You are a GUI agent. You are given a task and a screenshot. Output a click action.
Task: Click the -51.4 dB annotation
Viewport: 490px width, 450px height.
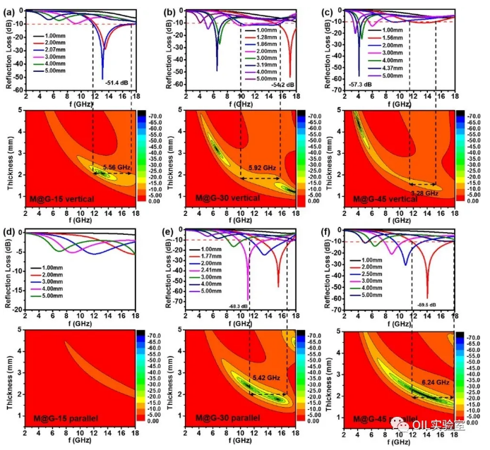(x=118, y=83)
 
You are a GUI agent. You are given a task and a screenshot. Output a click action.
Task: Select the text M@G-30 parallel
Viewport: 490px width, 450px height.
(x=227, y=418)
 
